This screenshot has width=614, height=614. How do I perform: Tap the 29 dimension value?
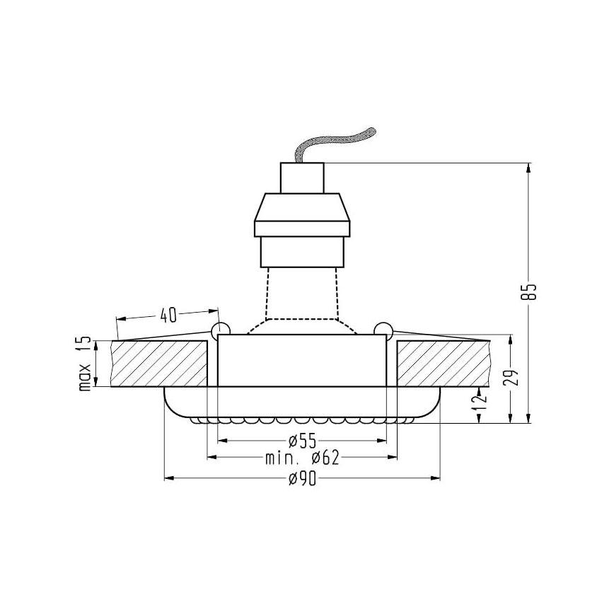tap(515, 376)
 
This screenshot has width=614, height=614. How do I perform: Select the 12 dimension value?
tap(481, 400)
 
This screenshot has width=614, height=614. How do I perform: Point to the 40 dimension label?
tap(168, 313)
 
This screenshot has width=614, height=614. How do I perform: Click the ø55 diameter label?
tap(302, 441)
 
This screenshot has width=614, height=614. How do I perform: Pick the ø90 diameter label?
tap(302, 480)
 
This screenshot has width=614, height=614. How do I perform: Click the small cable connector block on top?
tap(302, 178)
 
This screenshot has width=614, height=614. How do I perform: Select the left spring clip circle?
tap(220, 329)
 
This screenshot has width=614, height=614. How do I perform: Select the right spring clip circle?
tap(383, 329)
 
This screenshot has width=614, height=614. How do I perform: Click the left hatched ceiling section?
tap(159, 364)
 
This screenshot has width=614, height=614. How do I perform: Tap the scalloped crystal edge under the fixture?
tap(302, 420)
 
